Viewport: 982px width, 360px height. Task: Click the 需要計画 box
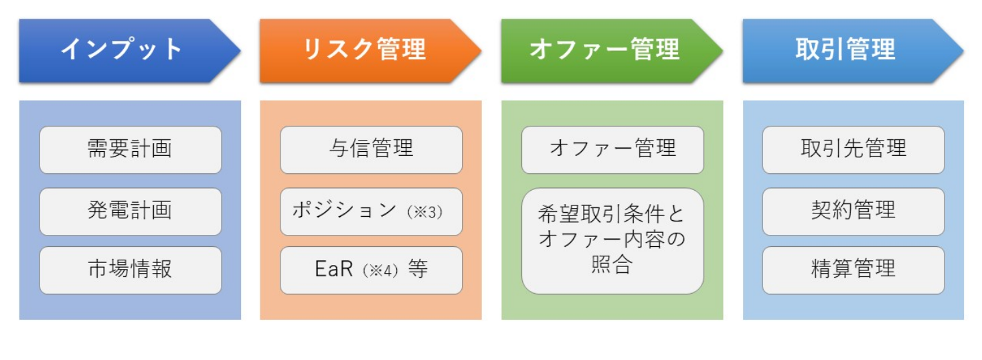(131, 150)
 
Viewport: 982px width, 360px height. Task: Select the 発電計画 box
(131, 212)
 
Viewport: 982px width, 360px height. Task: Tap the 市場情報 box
(131, 270)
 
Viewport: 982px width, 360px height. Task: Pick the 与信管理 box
(372, 150)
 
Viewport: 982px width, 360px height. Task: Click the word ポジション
(345, 211)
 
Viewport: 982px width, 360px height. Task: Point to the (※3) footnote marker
(425, 212)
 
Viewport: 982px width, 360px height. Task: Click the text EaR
(333, 269)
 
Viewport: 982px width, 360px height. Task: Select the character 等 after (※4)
(418, 269)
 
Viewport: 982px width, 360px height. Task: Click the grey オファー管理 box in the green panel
(613, 150)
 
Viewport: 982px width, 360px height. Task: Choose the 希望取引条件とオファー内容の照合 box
(613, 241)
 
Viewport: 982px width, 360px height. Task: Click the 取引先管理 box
(853, 150)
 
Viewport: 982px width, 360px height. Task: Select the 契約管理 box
(853, 212)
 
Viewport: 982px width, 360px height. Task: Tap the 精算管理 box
(853, 270)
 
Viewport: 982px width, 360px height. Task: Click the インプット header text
(121, 49)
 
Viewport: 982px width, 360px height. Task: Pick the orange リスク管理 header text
(364, 49)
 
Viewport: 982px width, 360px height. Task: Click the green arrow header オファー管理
(612, 51)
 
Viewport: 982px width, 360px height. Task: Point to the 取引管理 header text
(845, 49)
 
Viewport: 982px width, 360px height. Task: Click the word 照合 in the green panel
(612, 264)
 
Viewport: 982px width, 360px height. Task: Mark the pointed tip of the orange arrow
(481, 51)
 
